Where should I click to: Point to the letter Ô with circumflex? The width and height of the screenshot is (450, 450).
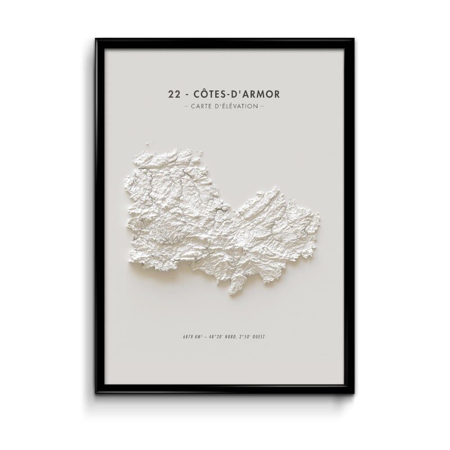tap(207, 94)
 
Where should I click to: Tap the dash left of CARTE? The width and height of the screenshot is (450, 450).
tap(186, 107)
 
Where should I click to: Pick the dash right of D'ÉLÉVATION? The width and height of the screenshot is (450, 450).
tap(262, 107)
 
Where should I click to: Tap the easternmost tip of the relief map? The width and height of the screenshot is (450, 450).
tap(319, 220)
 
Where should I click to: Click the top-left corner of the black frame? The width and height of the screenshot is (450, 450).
tap(96, 40)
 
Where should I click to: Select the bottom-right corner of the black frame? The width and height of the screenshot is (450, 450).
tap(353, 392)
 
